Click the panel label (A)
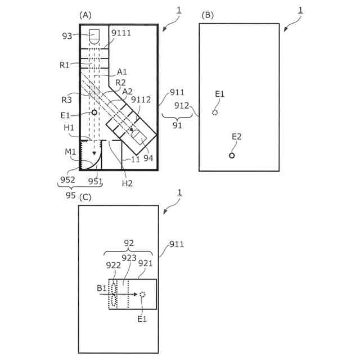85,15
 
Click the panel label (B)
208,15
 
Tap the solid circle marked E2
232,155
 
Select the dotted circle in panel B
215,112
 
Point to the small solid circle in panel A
94,112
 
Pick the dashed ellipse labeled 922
115,294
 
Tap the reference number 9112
140,100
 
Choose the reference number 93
68,37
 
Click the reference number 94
148,158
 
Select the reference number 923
129,259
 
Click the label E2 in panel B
237,137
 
